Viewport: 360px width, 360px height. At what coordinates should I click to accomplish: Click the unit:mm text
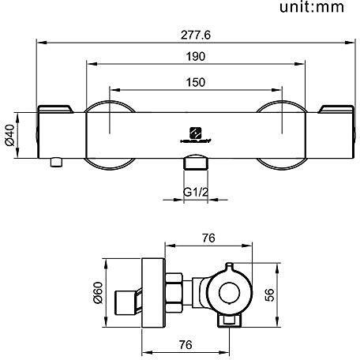tap(311, 9)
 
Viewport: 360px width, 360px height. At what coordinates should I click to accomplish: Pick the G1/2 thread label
tap(193, 192)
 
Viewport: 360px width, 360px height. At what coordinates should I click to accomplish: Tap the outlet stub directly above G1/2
tap(193, 164)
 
